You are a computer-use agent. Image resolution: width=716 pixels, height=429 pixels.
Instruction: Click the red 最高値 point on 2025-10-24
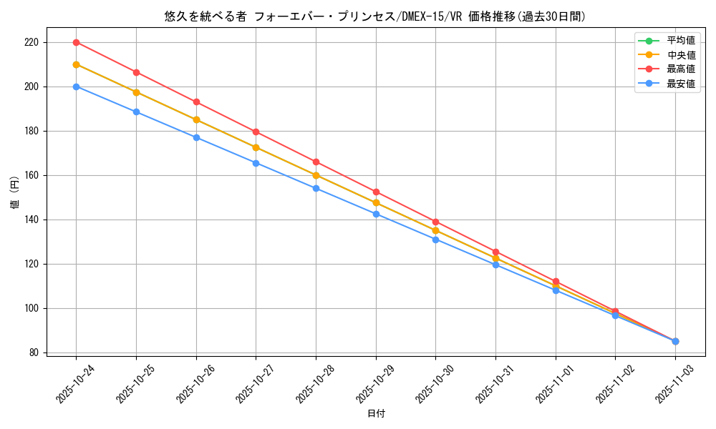click(x=76, y=42)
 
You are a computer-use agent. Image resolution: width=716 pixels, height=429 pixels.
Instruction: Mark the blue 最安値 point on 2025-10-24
click(x=76, y=87)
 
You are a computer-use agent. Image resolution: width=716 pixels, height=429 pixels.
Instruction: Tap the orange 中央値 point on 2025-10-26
click(x=196, y=119)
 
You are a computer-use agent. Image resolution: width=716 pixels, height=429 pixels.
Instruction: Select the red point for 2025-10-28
click(x=316, y=162)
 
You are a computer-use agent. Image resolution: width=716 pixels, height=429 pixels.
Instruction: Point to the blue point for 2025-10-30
click(x=435, y=240)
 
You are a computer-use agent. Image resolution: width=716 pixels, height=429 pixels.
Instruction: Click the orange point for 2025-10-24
click(x=76, y=64)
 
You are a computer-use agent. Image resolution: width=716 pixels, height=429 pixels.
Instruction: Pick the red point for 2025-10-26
click(x=196, y=102)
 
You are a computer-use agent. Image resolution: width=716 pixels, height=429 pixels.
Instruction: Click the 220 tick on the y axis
click(x=32, y=42)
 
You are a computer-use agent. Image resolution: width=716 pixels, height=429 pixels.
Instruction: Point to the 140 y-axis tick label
click(x=32, y=220)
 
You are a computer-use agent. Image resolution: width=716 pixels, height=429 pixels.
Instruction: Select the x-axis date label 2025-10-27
click(x=253, y=383)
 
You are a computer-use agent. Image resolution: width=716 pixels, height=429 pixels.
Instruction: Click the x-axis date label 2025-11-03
click(x=673, y=383)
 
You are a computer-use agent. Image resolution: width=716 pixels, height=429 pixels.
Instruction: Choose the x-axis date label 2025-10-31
click(x=493, y=383)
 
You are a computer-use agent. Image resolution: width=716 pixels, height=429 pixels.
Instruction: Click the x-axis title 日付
click(x=376, y=414)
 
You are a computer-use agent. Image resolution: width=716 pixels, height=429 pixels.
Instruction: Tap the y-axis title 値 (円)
click(x=15, y=192)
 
